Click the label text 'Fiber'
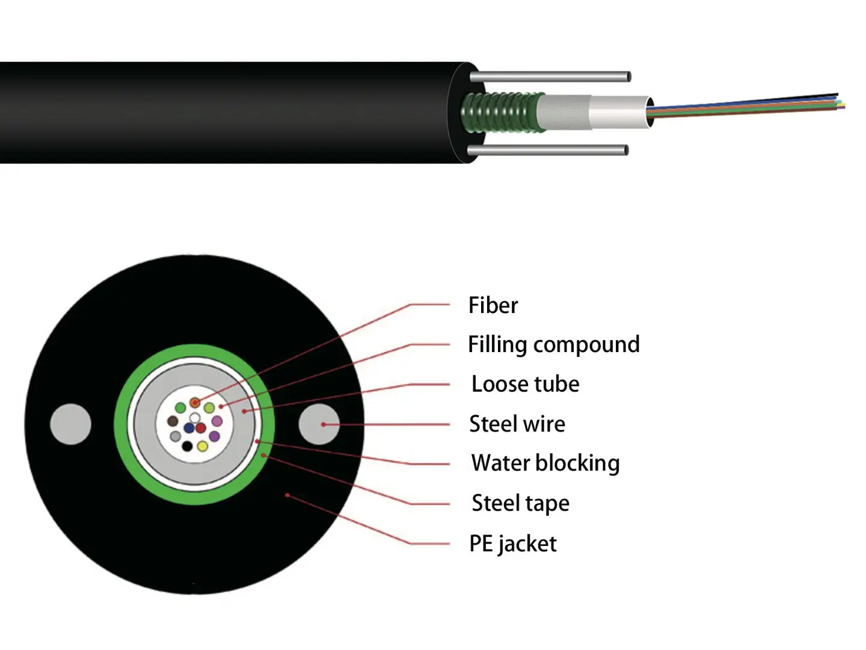(493, 305)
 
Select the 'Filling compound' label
(553, 345)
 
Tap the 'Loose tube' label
(525, 384)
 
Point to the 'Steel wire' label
(517, 424)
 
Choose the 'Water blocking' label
(545, 463)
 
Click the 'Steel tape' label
(520, 503)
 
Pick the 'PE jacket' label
(512, 543)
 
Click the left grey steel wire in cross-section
(70, 424)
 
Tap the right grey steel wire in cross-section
(319, 424)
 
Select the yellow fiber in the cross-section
(203, 446)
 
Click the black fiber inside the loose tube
(187, 446)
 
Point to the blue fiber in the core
(189, 428)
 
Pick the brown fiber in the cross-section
(173, 421)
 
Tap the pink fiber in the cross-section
(217, 421)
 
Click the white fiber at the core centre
(195, 418)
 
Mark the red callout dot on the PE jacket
(287, 495)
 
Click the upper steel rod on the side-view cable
(550, 77)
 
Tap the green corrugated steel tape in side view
(502, 112)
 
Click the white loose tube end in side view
(619, 112)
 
